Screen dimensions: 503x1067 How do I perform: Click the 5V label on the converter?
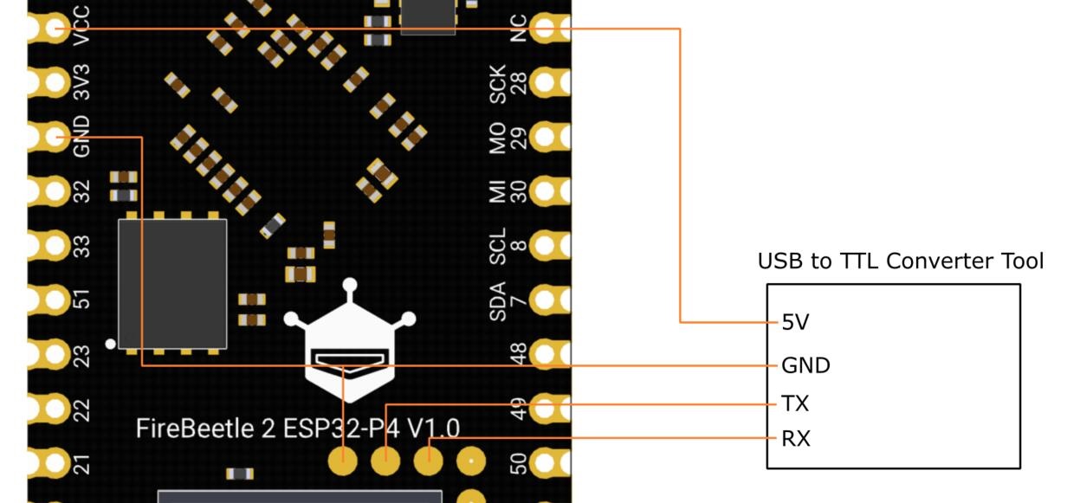point(795,323)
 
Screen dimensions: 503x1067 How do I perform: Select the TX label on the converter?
point(795,404)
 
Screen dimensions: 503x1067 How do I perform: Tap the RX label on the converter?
point(796,439)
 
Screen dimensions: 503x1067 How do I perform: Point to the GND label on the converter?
point(805,365)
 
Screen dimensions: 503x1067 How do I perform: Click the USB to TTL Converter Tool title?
point(901,261)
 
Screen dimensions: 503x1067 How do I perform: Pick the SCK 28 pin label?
point(508,83)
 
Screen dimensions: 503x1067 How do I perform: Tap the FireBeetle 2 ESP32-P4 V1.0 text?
point(297,428)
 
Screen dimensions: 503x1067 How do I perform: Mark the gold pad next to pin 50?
point(549,462)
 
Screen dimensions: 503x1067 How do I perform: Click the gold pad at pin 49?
point(549,408)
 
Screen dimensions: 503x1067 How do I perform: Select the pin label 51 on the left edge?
point(82,300)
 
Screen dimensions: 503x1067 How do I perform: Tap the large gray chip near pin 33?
point(172,283)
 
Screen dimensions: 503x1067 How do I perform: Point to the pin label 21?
point(82,463)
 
